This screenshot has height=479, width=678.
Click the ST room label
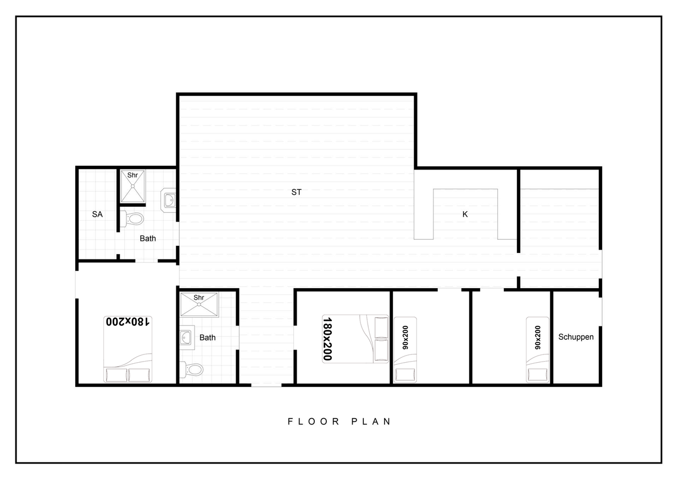[296, 192]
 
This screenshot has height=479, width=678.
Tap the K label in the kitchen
[465, 215]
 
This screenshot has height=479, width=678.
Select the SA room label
[97, 215]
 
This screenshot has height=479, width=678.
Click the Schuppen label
[576, 337]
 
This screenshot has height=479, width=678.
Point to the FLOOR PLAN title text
[340, 421]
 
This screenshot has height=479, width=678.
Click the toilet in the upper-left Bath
[132, 218]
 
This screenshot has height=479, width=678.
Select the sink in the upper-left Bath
[169, 200]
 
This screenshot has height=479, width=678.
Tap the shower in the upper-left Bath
[133, 187]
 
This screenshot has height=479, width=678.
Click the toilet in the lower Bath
[191, 369]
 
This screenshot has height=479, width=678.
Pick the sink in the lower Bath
[186, 337]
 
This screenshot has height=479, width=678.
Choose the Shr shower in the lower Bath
[199, 305]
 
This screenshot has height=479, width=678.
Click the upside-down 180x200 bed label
[127, 322]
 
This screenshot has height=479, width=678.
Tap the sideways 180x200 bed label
[327, 339]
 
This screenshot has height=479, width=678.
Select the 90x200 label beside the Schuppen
[537, 337]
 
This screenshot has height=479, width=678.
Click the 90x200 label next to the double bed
[405, 337]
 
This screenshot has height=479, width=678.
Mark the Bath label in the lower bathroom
[207, 337]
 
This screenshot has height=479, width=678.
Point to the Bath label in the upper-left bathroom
[148, 239]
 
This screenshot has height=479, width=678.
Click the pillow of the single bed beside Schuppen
[537, 374]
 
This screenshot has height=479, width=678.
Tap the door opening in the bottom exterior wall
[266, 385]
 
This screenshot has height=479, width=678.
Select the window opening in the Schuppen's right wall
[601, 312]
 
